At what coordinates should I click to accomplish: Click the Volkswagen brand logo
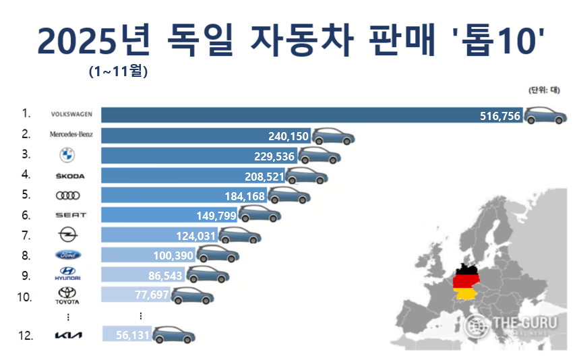(71, 115)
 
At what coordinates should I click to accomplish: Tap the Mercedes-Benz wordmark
(71, 134)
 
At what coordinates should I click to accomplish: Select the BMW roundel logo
(67, 155)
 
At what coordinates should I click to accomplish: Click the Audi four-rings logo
(67, 195)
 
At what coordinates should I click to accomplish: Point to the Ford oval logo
(67, 255)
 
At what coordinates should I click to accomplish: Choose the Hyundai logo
(67, 274)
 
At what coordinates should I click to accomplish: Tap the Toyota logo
(67, 295)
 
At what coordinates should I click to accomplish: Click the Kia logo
(67, 334)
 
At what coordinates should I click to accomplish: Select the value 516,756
(500, 116)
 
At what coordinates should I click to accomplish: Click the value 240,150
(288, 136)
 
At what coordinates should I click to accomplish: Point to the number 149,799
(216, 216)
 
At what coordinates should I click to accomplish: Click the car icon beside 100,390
(217, 256)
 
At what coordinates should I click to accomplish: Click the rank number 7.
(26, 235)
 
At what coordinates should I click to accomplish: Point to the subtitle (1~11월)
(118, 69)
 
